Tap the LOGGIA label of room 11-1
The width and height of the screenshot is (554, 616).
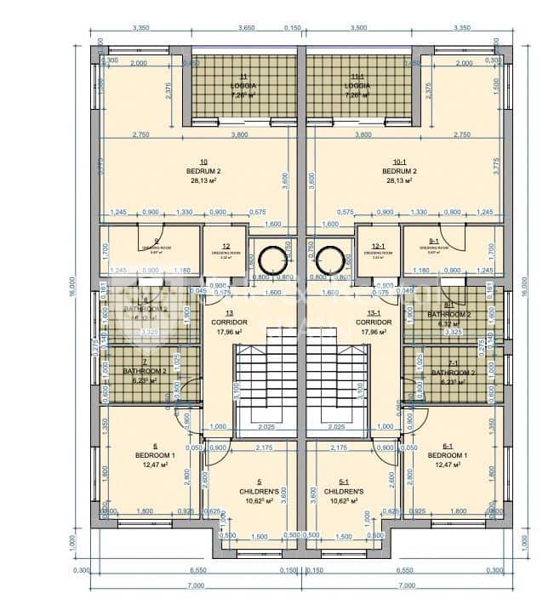tap(357, 86)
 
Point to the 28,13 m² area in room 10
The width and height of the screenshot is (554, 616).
tap(203, 180)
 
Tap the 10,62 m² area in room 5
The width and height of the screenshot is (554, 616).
tap(253, 500)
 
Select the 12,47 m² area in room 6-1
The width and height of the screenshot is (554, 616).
tap(448, 465)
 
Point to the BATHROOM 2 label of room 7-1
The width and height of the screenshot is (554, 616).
tap(453, 373)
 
